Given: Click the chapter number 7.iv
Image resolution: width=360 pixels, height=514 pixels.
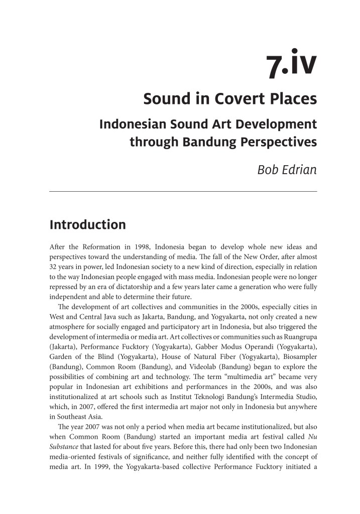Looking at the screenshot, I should pyautogui.click(x=292, y=65).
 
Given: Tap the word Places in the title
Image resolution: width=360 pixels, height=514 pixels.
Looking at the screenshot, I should pyautogui.click(x=292, y=99).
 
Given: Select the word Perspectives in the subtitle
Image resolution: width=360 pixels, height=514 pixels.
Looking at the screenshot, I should pyautogui.click(x=272, y=142).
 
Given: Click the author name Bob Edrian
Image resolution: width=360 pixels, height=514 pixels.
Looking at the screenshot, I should pyautogui.click(x=287, y=170).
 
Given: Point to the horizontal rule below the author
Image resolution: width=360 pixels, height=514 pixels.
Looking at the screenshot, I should pyautogui.click(x=183, y=191).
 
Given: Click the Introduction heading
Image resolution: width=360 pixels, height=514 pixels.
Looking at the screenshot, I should pyautogui.click(x=87, y=225).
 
